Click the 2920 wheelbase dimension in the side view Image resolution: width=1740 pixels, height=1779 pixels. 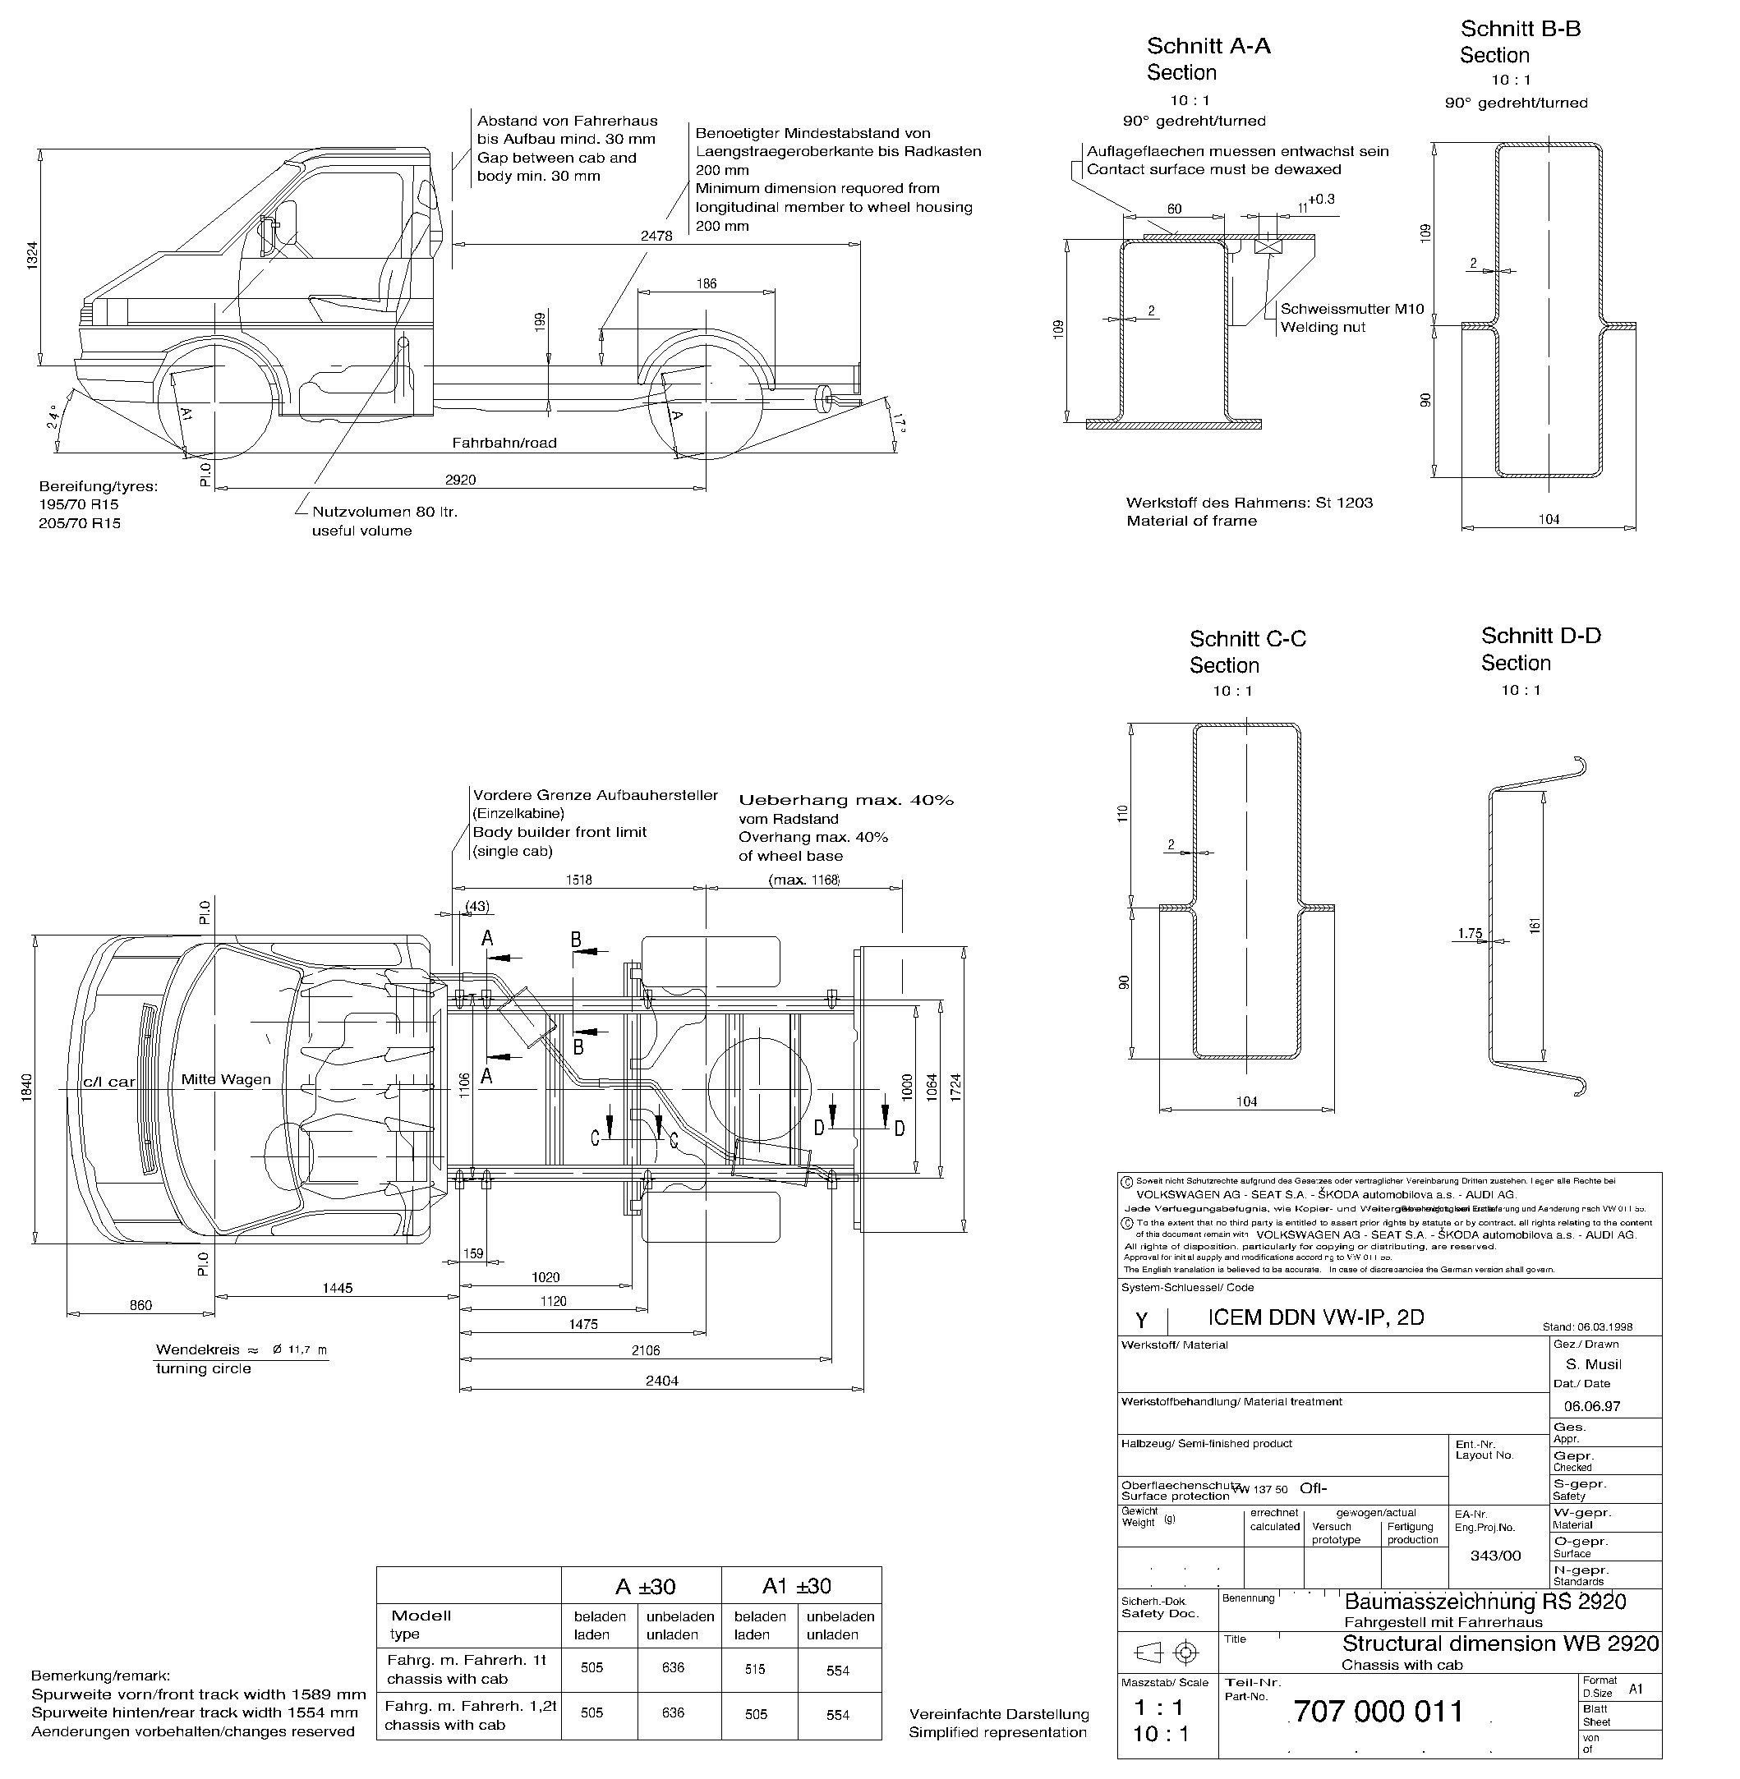[x=460, y=480]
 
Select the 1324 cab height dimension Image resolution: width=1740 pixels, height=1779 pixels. [x=32, y=255]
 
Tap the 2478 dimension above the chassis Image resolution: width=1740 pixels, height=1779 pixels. [x=656, y=236]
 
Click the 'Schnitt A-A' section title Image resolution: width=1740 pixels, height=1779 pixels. [x=1208, y=46]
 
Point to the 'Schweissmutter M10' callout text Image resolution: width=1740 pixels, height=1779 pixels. [x=1351, y=309]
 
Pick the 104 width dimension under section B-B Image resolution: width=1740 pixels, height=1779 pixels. [x=1548, y=519]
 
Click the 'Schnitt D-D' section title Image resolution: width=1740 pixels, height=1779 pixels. [x=1540, y=635]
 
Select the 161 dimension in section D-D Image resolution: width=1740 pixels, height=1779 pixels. [x=1535, y=925]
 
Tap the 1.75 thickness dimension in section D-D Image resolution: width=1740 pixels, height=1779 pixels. [x=1470, y=933]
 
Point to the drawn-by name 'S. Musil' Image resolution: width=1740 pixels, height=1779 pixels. [x=1593, y=1364]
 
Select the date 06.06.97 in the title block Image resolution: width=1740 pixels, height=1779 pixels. [x=1592, y=1406]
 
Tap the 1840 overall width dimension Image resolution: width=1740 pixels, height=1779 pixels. [x=26, y=1087]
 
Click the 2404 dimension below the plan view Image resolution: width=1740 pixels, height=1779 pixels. [x=661, y=1381]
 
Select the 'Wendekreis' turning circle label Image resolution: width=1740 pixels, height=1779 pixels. [x=197, y=1349]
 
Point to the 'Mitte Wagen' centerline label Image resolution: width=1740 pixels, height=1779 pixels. [x=226, y=1079]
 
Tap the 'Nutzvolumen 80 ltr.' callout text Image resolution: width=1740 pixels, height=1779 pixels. [x=384, y=512]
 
